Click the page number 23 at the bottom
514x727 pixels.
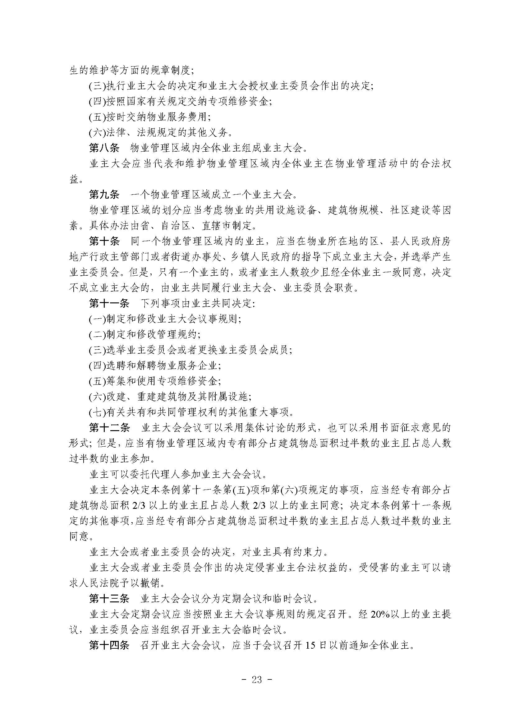coord(257,679)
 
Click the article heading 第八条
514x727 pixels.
coord(104,148)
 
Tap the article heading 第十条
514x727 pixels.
coord(104,241)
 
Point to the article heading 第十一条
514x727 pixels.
coord(109,304)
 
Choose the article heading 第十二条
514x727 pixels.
coord(109,428)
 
